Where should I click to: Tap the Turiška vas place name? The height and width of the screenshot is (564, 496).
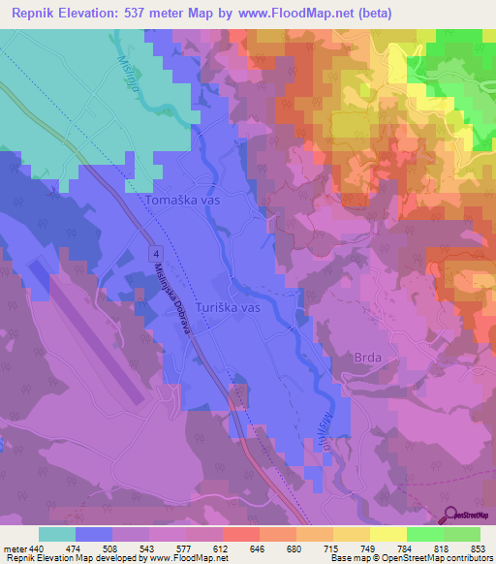[x=229, y=307]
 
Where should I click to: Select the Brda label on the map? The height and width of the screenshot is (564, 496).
[x=356, y=356]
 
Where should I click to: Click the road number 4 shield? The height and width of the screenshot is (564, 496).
[x=155, y=252]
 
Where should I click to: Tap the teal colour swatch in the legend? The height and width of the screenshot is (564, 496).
[x=57, y=534]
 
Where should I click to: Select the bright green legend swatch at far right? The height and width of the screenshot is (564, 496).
[x=462, y=534]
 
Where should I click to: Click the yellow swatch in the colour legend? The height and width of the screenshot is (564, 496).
[x=388, y=534]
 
